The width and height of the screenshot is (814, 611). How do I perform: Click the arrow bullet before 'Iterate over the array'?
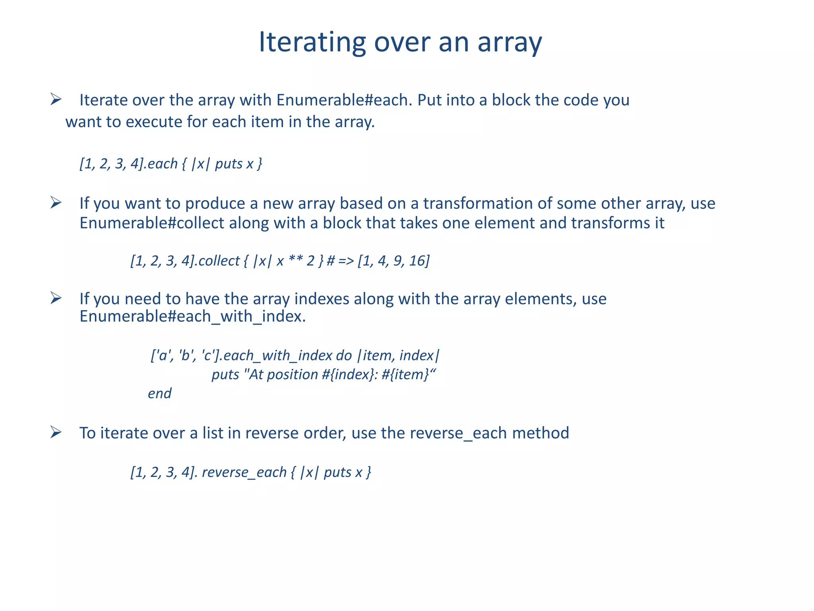coord(56,99)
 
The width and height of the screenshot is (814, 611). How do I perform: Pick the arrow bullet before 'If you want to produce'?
coord(56,203)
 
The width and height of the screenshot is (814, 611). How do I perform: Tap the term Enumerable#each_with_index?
coord(192,317)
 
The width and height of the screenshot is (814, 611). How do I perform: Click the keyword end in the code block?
coord(160,394)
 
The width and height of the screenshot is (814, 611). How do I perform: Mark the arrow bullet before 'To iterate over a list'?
coord(56,432)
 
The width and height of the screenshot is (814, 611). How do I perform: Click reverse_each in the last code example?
coord(244,473)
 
